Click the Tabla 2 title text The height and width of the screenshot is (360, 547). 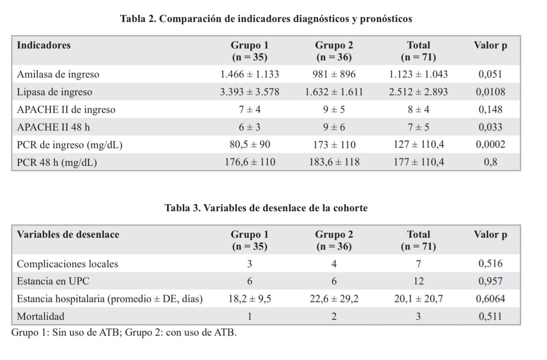tap(266, 19)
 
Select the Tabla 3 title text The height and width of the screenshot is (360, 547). tap(266, 208)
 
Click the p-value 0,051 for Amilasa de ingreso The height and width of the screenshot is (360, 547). tap(490, 74)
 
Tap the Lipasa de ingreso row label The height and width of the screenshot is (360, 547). tap(55, 92)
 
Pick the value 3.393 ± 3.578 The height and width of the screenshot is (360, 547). tap(249, 92)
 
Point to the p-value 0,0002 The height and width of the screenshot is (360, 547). tap(490, 145)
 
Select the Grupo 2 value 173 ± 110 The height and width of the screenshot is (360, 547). tap(334, 145)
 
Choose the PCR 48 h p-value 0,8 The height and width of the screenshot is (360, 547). tap(490, 162)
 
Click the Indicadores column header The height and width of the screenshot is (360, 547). tap(44, 45)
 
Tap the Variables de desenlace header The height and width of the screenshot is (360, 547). tap(68, 235)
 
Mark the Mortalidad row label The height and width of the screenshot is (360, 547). tap(41, 316)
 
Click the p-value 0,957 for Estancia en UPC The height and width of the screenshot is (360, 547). tap(490, 281)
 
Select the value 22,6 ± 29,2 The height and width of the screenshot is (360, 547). tap(334, 299)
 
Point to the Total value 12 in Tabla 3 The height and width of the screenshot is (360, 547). tap(418, 281)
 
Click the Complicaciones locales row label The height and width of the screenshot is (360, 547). tap(67, 264)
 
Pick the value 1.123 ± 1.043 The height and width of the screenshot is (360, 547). tap(418, 74)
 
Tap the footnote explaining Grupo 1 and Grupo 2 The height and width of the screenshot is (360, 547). tap(124, 333)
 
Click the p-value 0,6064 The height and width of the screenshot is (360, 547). tap(490, 299)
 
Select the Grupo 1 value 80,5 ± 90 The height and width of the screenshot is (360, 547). tap(249, 145)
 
